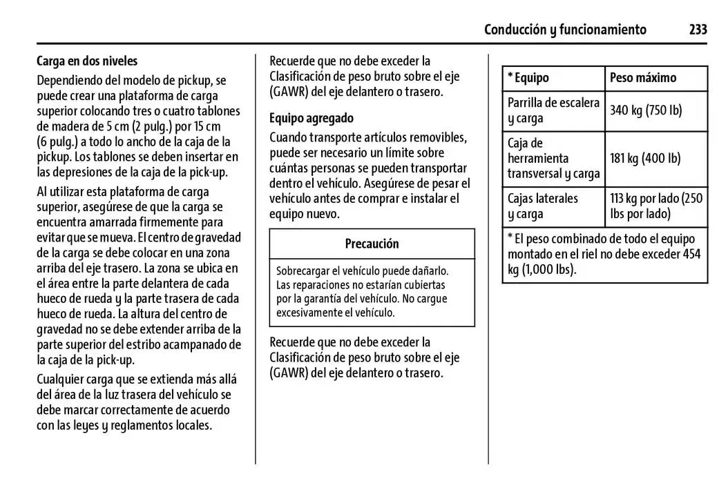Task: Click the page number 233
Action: [698, 29]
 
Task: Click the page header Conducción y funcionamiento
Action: [565, 29]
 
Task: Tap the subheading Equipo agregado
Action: [311, 118]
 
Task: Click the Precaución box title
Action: [372, 244]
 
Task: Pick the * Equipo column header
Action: [528, 78]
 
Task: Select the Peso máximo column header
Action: [642, 78]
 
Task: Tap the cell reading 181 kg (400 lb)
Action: [645, 159]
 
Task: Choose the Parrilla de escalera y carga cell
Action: [553, 110]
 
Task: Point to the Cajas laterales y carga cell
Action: [543, 206]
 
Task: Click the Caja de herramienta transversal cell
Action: [553, 159]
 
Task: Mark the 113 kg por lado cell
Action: [655, 206]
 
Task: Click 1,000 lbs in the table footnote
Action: [548, 270]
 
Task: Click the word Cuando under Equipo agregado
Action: [290, 137]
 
